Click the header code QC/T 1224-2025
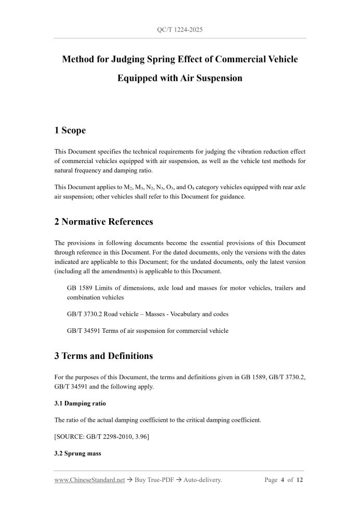coord(180,30)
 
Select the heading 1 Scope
coord(70,130)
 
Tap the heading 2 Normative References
coord(104,222)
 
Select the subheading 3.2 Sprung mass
coord(78,453)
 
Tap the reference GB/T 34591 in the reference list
coord(82,330)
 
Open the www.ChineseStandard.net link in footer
coord(89,480)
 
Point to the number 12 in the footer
coord(300,480)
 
